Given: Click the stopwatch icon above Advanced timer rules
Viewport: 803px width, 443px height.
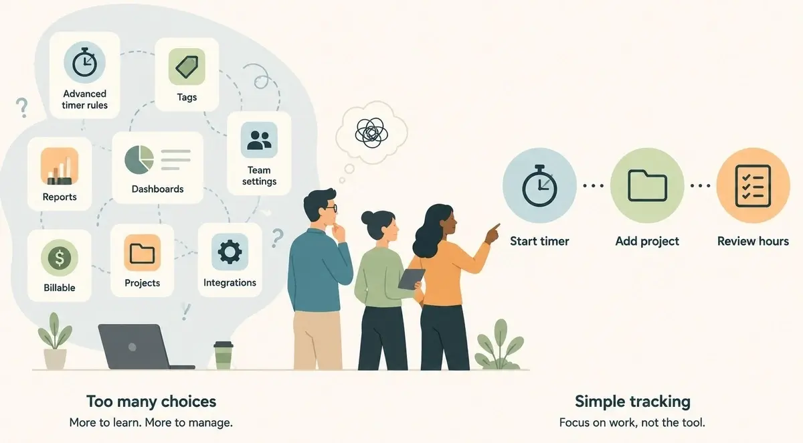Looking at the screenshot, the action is click(x=84, y=62).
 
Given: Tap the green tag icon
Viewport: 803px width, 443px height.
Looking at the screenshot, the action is click(x=187, y=67).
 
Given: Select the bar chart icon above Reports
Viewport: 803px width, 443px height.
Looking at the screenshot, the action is click(x=60, y=167).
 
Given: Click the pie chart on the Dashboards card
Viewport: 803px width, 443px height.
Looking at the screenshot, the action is click(x=139, y=160).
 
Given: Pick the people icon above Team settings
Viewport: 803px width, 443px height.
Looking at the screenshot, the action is click(x=259, y=140).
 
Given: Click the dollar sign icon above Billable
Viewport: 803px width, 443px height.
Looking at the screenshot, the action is click(x=60, y=258).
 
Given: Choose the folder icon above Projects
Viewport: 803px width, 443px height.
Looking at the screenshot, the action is click(x=143, y=253).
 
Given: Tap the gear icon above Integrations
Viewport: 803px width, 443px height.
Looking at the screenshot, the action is click(x=230, y=252).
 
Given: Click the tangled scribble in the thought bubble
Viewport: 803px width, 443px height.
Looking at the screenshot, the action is click(x=371, y=132).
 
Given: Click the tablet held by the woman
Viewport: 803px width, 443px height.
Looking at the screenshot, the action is click(x=412, y=279).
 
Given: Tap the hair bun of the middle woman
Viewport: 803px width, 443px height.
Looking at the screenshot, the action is click(x=367, y=217).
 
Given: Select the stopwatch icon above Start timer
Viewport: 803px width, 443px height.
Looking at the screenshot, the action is click(x=539, y=185).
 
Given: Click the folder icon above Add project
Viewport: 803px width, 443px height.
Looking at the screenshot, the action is click(x=648, y=185).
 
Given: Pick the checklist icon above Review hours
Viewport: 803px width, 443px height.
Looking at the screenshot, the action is click(x=753, y=185).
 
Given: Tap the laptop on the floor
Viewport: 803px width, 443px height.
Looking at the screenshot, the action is click(x=143, y=347).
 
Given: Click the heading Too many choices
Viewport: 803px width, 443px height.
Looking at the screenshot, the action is click(x=151, y=402).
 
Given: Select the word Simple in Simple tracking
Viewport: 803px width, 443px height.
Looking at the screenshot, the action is click(x=600, y=402).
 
